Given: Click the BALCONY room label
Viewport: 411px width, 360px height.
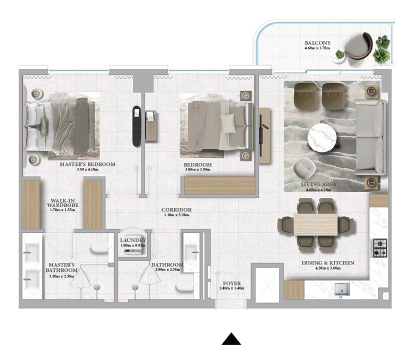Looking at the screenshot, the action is [317, 42].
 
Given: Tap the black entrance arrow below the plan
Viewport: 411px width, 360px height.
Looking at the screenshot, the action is [231, 339].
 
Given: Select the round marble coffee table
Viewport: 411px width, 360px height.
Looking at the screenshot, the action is [321, 137].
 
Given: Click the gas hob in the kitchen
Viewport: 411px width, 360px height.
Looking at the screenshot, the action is [380, 248].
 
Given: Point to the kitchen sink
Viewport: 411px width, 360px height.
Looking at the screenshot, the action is [342, 288].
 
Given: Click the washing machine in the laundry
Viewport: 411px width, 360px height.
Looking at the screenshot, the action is [133, 251].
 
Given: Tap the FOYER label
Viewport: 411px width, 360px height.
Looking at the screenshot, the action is [231, 283].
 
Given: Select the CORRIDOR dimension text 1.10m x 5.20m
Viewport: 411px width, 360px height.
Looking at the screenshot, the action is [176, 214].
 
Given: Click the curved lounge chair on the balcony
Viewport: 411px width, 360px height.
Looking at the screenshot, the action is [358, 46].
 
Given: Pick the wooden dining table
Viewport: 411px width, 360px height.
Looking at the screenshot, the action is [315, 224].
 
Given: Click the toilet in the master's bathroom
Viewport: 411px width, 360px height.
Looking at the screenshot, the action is [99, 248].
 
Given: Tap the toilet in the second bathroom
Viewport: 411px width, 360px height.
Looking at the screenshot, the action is [184, 286].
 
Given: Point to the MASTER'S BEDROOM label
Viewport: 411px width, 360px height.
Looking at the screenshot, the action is [87, 164].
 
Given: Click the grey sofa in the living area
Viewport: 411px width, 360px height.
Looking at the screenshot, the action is [370, 137].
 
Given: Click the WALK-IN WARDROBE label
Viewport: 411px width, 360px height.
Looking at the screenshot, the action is [62, 203].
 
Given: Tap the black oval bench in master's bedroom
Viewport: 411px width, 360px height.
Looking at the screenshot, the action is [136, 126].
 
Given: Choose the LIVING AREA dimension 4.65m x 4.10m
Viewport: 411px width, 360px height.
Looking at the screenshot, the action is [318, 190].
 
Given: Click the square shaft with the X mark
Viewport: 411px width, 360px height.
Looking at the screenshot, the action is [267, 285].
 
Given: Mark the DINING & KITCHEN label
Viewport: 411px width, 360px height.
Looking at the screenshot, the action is [328, 263].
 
